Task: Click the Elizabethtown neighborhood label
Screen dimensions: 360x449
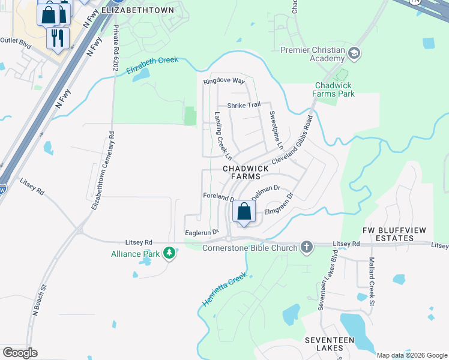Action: click(138, 10)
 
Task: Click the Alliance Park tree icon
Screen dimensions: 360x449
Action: click(170, 253)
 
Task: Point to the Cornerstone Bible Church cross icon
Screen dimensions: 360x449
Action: click(306, 247)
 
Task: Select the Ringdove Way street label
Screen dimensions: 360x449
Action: click(224, 80)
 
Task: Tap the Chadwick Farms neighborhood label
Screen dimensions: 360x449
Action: click(246, 173)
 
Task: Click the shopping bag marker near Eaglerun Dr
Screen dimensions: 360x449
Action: click(244, 211)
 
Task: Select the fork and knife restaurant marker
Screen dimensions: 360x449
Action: click(58, 38)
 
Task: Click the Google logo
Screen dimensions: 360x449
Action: click(20, 353)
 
